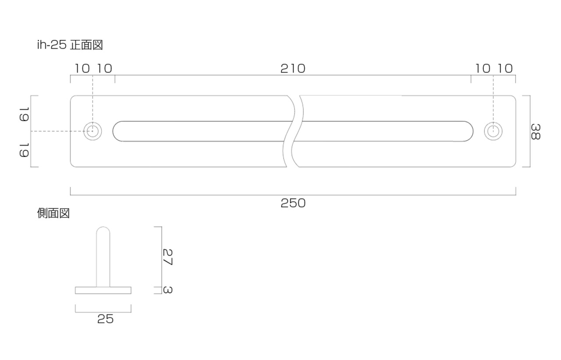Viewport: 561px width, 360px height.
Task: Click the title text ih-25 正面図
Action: [x=70, y=45]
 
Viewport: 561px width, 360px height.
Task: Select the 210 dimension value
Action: [x=293, y=69]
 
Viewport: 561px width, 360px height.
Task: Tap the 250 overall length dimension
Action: [x=293, y=203]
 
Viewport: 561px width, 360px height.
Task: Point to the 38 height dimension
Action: [x=536, y=132]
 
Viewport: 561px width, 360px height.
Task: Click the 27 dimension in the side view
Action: [x=167, y=257]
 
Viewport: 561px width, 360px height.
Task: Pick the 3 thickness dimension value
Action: [x=167, y=290]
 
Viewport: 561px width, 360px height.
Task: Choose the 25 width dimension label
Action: [x=105, y=319]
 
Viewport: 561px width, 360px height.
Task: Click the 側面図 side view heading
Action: [x=53, y=214]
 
